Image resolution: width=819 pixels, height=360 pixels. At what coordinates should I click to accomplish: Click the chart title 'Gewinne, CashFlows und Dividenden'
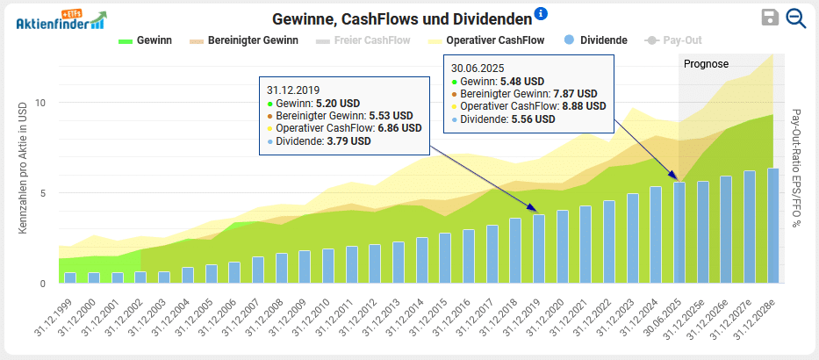pyautogui.click(x=402, y=18)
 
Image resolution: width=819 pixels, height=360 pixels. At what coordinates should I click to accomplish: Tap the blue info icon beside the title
pyautogui.click(x=541, y=13)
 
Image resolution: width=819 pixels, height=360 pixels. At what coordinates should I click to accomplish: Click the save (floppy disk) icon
pyautogui.click(x=770, y=18)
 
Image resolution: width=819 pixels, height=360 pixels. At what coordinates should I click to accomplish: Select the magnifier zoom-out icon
pyautogui.click(x=796, y=18)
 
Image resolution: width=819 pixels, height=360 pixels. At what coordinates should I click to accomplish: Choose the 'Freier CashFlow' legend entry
pyautogui.click(x=369, y=40)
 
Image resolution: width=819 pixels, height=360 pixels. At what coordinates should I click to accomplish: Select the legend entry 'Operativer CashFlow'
pyautogui.click(x=485, y=40)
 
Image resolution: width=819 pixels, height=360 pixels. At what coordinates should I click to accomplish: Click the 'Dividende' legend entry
pyautogui.click(x=596, y=40)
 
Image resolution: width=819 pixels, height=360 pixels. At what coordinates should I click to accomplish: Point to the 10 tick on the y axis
pyautogui.click(x=40, y=103)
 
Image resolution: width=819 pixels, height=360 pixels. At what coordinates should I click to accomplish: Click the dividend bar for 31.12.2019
pyautogui.click(x=539, y=249)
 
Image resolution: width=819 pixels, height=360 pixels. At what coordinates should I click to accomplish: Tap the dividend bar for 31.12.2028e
pyautogui.click(x=773, y=226)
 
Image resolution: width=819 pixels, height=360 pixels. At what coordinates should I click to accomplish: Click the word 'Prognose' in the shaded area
pyautogui.click(x=706, y=64)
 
